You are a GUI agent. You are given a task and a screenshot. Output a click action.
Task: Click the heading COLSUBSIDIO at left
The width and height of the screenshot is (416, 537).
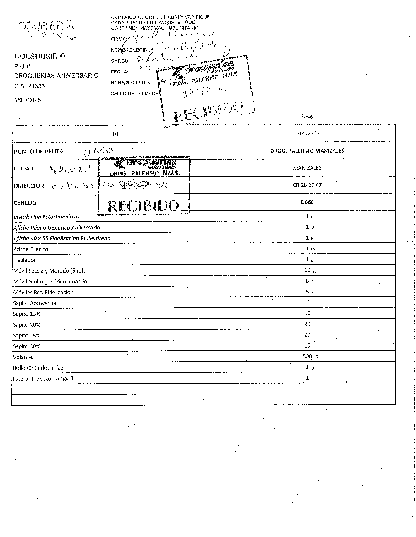tap(40, 56)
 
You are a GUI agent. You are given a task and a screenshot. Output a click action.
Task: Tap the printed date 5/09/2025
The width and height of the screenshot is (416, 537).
tap(28, 100)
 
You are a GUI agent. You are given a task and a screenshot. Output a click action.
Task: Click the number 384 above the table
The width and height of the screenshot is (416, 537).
tap(307, 117)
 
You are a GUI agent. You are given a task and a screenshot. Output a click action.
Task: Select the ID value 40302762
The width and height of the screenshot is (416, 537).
tap(307, 134)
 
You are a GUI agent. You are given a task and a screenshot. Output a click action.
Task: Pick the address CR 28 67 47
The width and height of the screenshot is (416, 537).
tap(307, 185)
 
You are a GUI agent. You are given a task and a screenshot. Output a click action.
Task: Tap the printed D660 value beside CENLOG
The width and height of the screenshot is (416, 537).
tap(307, 202)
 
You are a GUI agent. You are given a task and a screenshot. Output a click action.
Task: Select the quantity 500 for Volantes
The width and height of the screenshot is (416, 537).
tap(307, 356)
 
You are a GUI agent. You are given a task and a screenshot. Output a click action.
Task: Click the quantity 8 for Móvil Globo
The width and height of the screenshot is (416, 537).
tap(307, 281)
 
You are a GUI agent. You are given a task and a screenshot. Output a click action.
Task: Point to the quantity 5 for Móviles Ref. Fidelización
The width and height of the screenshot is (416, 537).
tap(307, 292)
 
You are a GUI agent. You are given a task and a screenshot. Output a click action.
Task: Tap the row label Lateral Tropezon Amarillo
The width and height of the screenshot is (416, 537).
tap(45, 379)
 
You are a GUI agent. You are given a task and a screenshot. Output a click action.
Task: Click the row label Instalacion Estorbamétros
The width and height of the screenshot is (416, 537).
tap(46, 217)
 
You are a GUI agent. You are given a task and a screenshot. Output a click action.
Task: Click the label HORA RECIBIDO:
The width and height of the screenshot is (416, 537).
tap(130, 83)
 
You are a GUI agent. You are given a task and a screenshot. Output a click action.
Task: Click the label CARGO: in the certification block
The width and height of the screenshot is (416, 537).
tap(120, 61)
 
